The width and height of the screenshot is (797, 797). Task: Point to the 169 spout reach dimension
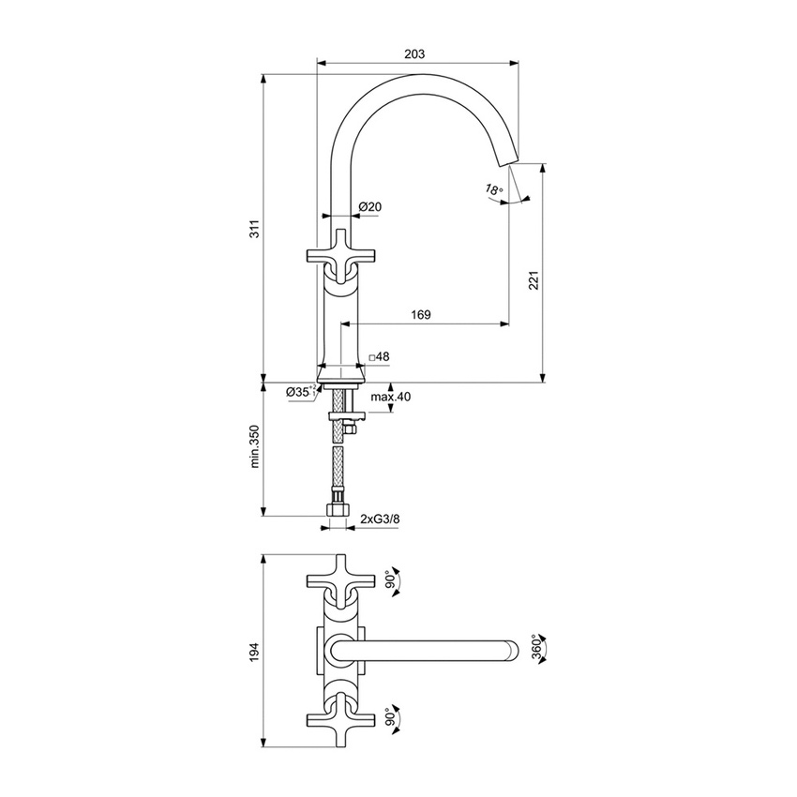pyautogui.click(x=421, y=316)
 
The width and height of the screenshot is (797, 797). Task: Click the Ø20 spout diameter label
pyautogui.click(x=368, y=206)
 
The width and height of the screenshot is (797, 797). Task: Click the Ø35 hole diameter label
pyautogui.click(x=302, y=391)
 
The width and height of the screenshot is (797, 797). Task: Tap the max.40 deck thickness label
pyautogui.click(x=390, y=397)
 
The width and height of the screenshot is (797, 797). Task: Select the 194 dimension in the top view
pyautogui.click(x=254, y=651)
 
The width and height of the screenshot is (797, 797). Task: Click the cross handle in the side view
pyautogui.click(x=339, y=253)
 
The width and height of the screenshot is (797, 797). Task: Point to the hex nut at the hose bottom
pyautogui.click(x=337, y=512)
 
